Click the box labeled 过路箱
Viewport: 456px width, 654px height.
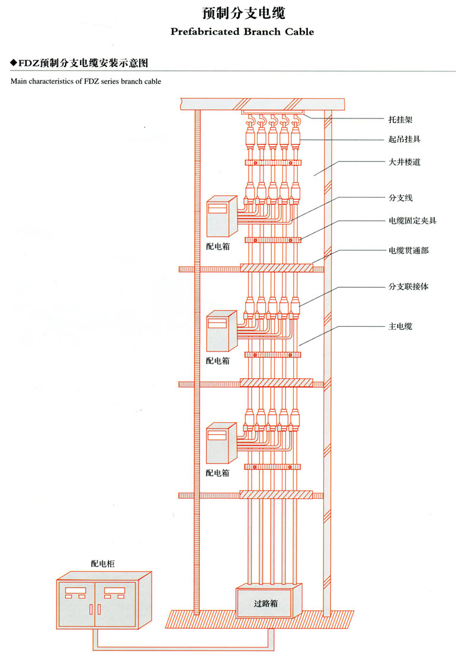click(266, 604)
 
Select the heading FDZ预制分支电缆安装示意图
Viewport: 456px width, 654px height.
click(83, 62)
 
